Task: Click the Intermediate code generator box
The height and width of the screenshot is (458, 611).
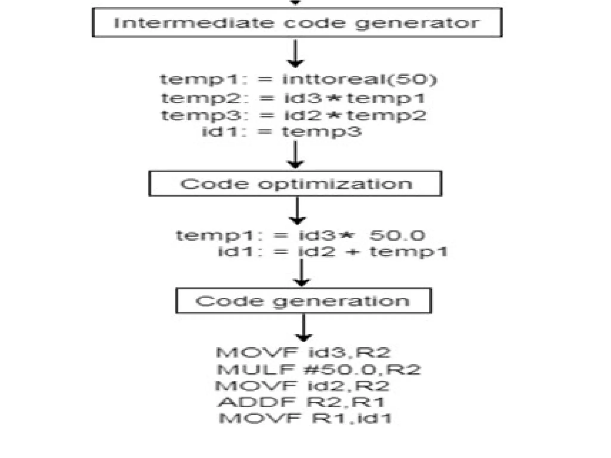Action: coord(297,23)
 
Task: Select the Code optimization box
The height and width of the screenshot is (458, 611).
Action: coord(295,183)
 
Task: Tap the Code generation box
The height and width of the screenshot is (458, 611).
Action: coord(303,301)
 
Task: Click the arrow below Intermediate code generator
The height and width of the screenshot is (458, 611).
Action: coord(295,54)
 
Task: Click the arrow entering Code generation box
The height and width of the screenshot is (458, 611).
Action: coord(302,273)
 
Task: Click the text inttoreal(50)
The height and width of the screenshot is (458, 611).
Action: coord(359,79)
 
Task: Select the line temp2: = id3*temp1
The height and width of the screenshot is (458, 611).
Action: coord(294,98)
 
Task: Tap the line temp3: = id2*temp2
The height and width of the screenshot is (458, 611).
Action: coord(294,115)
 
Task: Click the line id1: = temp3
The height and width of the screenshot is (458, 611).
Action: coord(282,131)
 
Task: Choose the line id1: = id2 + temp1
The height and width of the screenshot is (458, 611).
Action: coord(333,252)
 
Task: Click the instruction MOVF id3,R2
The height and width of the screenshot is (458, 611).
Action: coord(303,353)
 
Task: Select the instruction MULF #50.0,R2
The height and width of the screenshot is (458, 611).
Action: coord(319,370)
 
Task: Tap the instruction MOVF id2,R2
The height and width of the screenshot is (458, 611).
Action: coord(302,386)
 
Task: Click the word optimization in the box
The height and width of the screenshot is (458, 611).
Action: coord(335,184)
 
